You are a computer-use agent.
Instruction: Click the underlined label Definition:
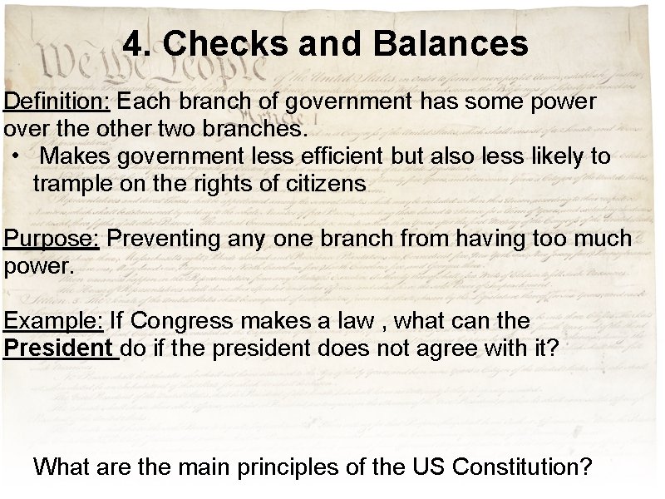57,101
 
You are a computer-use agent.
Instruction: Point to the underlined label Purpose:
52,239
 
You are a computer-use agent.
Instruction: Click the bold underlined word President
57,348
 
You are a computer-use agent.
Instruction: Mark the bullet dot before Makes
16,156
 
